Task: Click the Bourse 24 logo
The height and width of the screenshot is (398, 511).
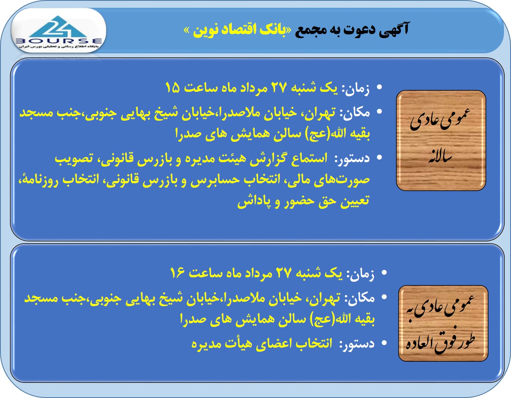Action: (x=59, y=32)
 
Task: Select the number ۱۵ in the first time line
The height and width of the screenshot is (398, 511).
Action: (x=172, y=87)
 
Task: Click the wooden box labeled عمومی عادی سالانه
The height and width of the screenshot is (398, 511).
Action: (x=441, y=141)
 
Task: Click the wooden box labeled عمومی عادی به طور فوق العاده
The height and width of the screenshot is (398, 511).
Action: (x=443, y=323)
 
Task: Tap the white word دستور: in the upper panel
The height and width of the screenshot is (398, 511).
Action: (x=353, y=158)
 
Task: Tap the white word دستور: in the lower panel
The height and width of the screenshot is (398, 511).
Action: (x=358, y=344)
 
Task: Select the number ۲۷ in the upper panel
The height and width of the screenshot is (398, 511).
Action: (x=279, y=87)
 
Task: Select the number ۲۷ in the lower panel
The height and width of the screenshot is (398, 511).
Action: (x=284, y=273)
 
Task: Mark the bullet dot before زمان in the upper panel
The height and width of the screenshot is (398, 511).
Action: (x=379, y=87)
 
